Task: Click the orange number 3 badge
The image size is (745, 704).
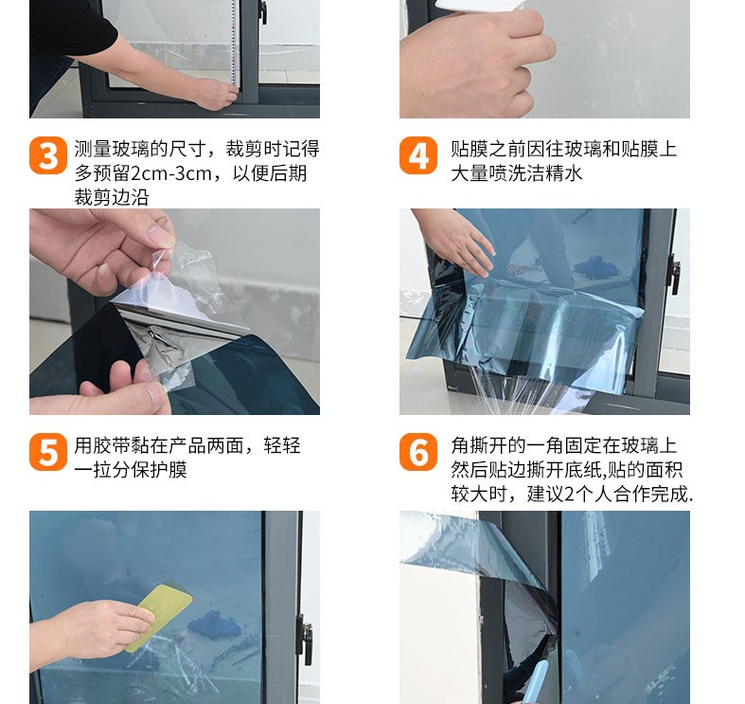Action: [x=48, y=155]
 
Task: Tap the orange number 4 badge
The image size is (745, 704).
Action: [x=418, y=155]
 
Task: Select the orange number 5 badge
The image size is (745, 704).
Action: [x=48, y=452]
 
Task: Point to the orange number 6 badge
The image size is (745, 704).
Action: [x=418, y=452]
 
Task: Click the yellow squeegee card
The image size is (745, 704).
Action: [x=159, y=618]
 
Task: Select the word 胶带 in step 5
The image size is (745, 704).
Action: [x=112, y=446]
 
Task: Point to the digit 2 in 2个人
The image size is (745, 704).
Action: [x=570, y=495]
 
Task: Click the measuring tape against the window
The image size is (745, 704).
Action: [x=233, y=43]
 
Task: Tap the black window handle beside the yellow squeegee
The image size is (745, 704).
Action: [x=307, y=639]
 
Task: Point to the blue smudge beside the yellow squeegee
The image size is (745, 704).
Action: [x=214, y=626]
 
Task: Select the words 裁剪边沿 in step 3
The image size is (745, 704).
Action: [x=112, y=197]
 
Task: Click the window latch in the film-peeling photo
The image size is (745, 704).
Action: [x=674, y=274]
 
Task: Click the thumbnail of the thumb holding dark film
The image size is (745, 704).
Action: [x=156, y=394]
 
